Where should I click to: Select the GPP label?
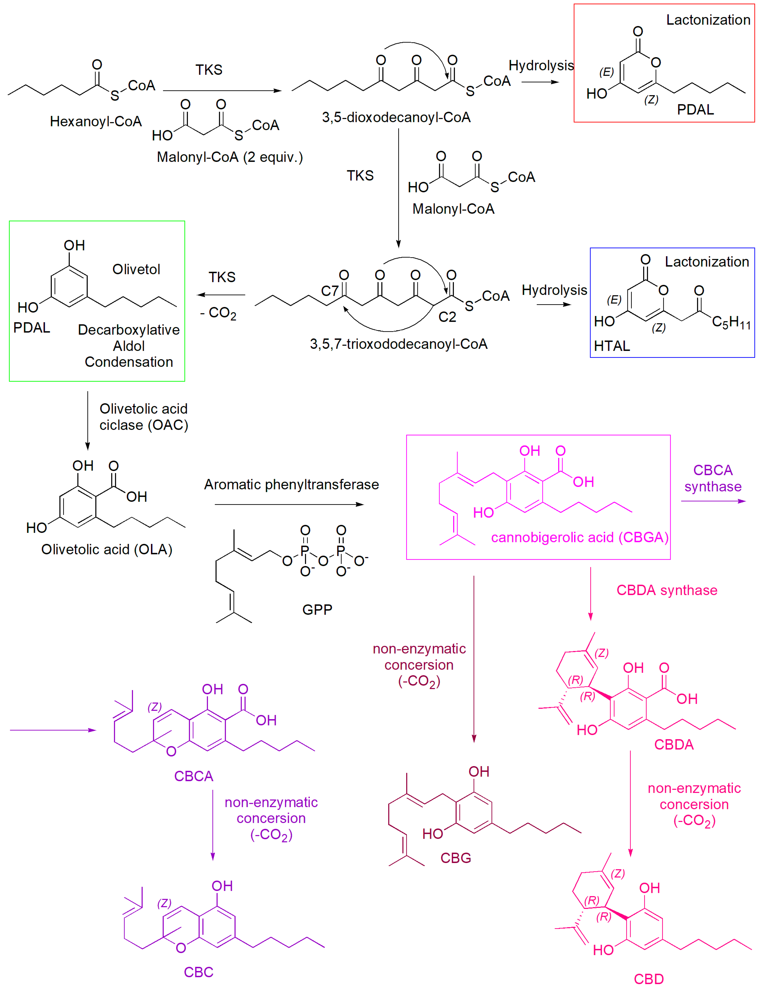pos(317,609)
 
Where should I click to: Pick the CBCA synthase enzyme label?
pos(713,478)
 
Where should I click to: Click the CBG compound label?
pos(456,858)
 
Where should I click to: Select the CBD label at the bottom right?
pos(649,979)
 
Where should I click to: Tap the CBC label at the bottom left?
pos(198,972)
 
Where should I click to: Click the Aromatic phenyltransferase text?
pos(291,484)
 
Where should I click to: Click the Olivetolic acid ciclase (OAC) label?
pos(144,417)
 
